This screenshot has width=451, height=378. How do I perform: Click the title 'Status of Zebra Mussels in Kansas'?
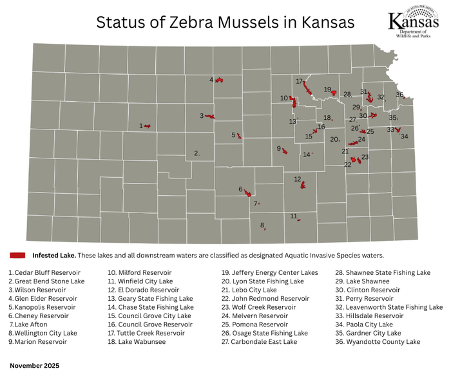pyautogui.click(x=225, y=22)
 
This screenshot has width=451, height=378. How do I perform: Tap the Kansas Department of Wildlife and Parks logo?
pyautogui.click(x=415, y=25)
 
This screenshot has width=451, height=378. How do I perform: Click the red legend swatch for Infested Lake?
pyautogui.click(x=17, y=255)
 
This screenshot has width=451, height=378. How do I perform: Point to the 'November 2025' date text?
pyautogui.click(x=34, y=365)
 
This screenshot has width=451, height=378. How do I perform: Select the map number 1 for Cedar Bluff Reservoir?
pyautogui.click(x=140, y=126)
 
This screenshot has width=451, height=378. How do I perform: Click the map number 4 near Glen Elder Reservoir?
pyautogui.click(x=211, y=80)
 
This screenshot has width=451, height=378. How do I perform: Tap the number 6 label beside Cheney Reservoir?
pyautogui.click(x=240, y=189)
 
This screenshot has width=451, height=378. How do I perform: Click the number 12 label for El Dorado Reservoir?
pyautogui.click(x=297, y=179)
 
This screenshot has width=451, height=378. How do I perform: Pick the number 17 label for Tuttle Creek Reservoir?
pyautogui.click(x=299, y=82)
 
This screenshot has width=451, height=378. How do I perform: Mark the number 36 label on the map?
pyautogui.click(x=399, y=95)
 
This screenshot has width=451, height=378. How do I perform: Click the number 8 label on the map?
pyautogui.click(x=262, y=225)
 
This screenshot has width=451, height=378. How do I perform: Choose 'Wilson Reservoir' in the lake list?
pyautogui.click(x=39, y=290)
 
